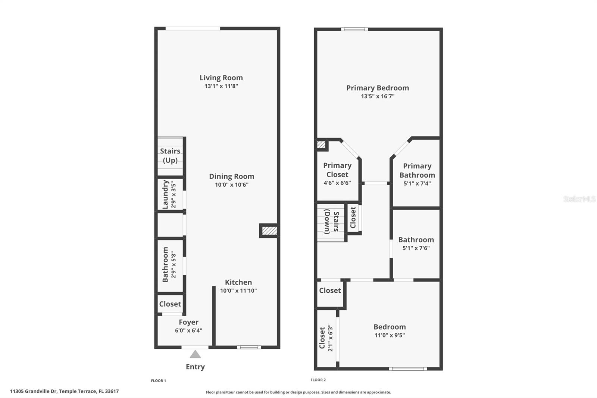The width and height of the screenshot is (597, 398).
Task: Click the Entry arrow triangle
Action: pyautogui.click(x=195, y=354)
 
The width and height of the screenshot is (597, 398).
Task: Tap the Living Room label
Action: pyautogui.click(x=221, y=78)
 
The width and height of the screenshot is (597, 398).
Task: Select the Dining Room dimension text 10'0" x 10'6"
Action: pyautogui.click(x=231, y=185)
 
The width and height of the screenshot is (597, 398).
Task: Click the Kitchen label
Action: pyautogui.click(x=238, y=282)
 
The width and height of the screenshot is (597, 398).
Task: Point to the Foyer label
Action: pyautogui.click(x=188, y=322)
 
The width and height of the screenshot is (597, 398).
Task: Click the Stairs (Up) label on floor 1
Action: pyautogui.click(x=170, y=156)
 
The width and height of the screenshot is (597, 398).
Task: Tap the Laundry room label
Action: pyautogui.click(x=165, y=195)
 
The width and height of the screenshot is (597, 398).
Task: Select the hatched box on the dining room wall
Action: pyautogui.click(x=269, y=231)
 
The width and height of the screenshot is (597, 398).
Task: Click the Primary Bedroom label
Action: pyautogui.click(x=377, y=88)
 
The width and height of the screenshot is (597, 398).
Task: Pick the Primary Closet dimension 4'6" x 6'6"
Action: pyautogui.click(x=337, y=183)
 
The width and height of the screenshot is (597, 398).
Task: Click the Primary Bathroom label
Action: pyautogui.click(x=417, y=170)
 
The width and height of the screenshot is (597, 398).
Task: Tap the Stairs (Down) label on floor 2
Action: pyautogui.click(x=332, y=222)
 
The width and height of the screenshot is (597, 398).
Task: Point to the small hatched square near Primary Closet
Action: pyautogui.click(x=321, y=144)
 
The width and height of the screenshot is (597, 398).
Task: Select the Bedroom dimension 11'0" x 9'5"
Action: pyautogui.click(x=390, y=335)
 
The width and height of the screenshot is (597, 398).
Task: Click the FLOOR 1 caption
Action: pyautogui.click(x=158, y=381)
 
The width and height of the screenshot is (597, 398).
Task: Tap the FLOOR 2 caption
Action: pyautogui.click(x=318, y=380)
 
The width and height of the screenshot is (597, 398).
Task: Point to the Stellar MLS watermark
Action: pyautogui.click(x=579, y=199)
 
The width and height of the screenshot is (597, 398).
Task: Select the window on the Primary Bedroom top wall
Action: pyautogui.click(x=354, y=29)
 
